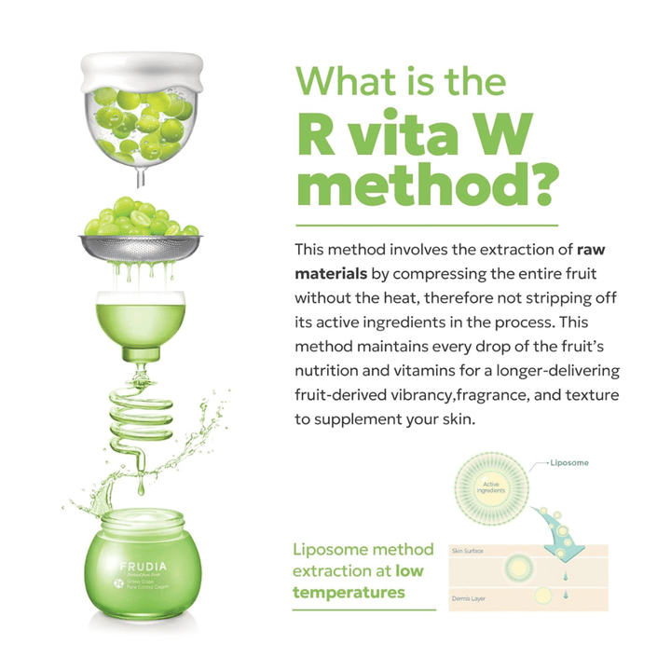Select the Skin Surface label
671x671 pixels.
tap(468, 552)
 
